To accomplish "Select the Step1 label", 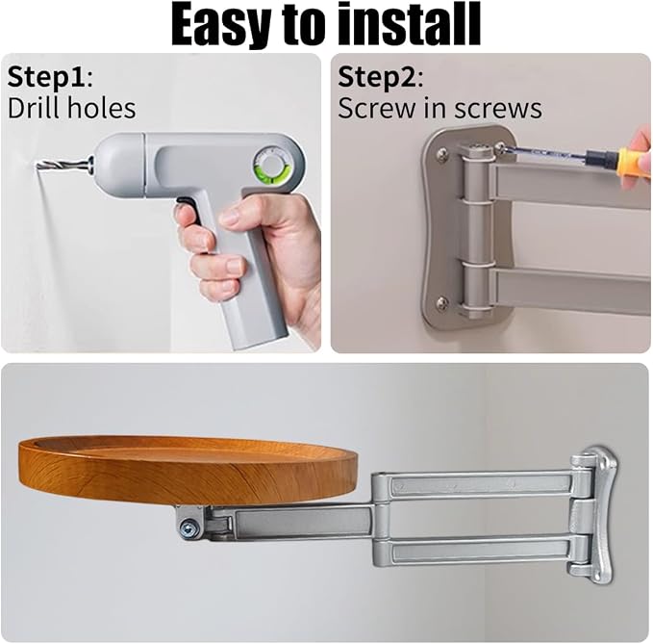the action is [50, 78].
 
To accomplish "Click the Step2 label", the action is [380, 78].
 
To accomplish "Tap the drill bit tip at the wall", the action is [38, 167].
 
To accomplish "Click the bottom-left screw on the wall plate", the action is [441, 302].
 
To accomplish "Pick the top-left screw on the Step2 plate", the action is [442, 155].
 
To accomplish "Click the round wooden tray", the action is [188, 470].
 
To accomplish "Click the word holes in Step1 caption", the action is [102, 108].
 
